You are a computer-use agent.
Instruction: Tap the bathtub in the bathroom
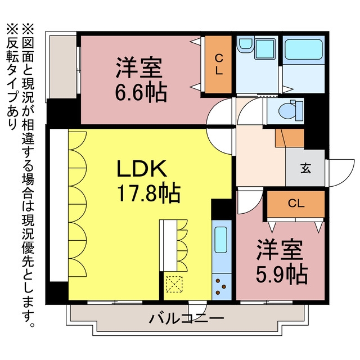(304, 49)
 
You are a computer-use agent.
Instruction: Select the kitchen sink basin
(221, 240)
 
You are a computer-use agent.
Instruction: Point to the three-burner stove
(221, 287)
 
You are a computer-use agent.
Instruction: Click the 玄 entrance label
(305, 168)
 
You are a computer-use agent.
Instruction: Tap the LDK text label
(142, 169)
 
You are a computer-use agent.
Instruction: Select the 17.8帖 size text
(148, 193)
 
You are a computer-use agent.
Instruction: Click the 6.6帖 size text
(141, 92)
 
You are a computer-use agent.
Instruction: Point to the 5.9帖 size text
(282, 274)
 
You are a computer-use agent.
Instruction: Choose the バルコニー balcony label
(186, 318)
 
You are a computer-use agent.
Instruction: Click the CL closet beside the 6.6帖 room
(218, 65)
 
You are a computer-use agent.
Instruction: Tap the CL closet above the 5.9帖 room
(296, 204)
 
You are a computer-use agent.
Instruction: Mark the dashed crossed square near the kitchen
(174, 284)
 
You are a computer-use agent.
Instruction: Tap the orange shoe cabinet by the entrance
(290, 138)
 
